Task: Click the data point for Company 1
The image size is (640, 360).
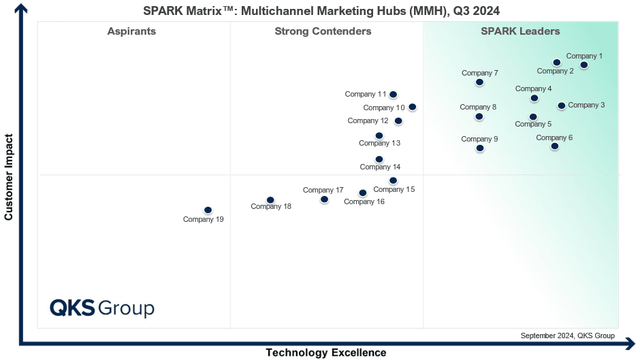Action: click(x=584, y=65)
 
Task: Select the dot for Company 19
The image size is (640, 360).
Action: click(x=208, y=210)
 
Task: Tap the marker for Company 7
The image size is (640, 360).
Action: click(x=479, y=82)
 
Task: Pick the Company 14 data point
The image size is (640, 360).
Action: click(x=379, y=159)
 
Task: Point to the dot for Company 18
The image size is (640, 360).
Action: click(x=270, y=200)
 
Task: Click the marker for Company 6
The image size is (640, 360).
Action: click(x=555, y=146)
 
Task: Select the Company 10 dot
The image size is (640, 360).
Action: click(x=412, y=107)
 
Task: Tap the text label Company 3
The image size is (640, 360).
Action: click(x=586, y=105)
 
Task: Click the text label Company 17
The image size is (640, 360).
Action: click(x=323, y=190)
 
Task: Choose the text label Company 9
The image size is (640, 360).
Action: click(x=479, y=139)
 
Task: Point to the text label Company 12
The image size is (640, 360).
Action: click(x=368, y=120)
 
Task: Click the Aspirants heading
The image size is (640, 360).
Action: click(x=131, y=31)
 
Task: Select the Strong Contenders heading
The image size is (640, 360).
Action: click(x=323, y=31)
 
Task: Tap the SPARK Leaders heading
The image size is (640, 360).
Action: click(x=520, y=31)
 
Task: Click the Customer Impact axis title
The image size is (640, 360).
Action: click(x=9, y=177)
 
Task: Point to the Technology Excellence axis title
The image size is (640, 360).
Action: click(x=325, y=353)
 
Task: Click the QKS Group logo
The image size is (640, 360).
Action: click(x=102, y=308)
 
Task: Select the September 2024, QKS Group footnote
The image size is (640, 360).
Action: click(x=567, y=336)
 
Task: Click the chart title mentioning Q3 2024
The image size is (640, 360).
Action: click(x=321, y=11)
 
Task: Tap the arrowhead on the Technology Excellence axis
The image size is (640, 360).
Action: click(x=632, y=344)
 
